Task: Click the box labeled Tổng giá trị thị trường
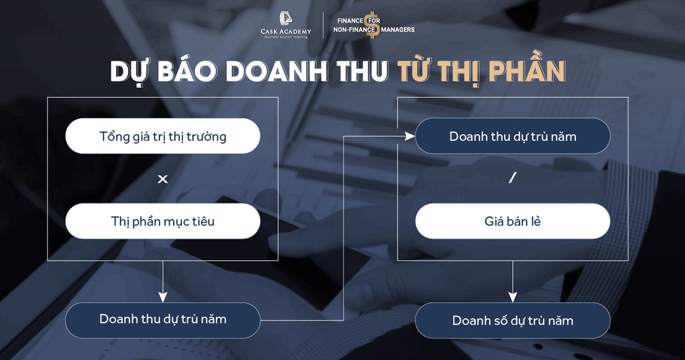163,136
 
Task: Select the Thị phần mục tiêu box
163,221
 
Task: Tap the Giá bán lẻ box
512,221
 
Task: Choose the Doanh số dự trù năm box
512,321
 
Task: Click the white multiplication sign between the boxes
163,179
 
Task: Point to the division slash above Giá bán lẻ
512,178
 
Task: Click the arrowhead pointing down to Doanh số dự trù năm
512,297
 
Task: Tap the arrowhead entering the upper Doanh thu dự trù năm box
410,136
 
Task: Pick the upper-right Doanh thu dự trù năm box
512,136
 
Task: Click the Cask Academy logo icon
286,19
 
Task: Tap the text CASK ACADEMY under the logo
286,31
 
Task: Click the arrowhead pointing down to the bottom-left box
163,297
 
